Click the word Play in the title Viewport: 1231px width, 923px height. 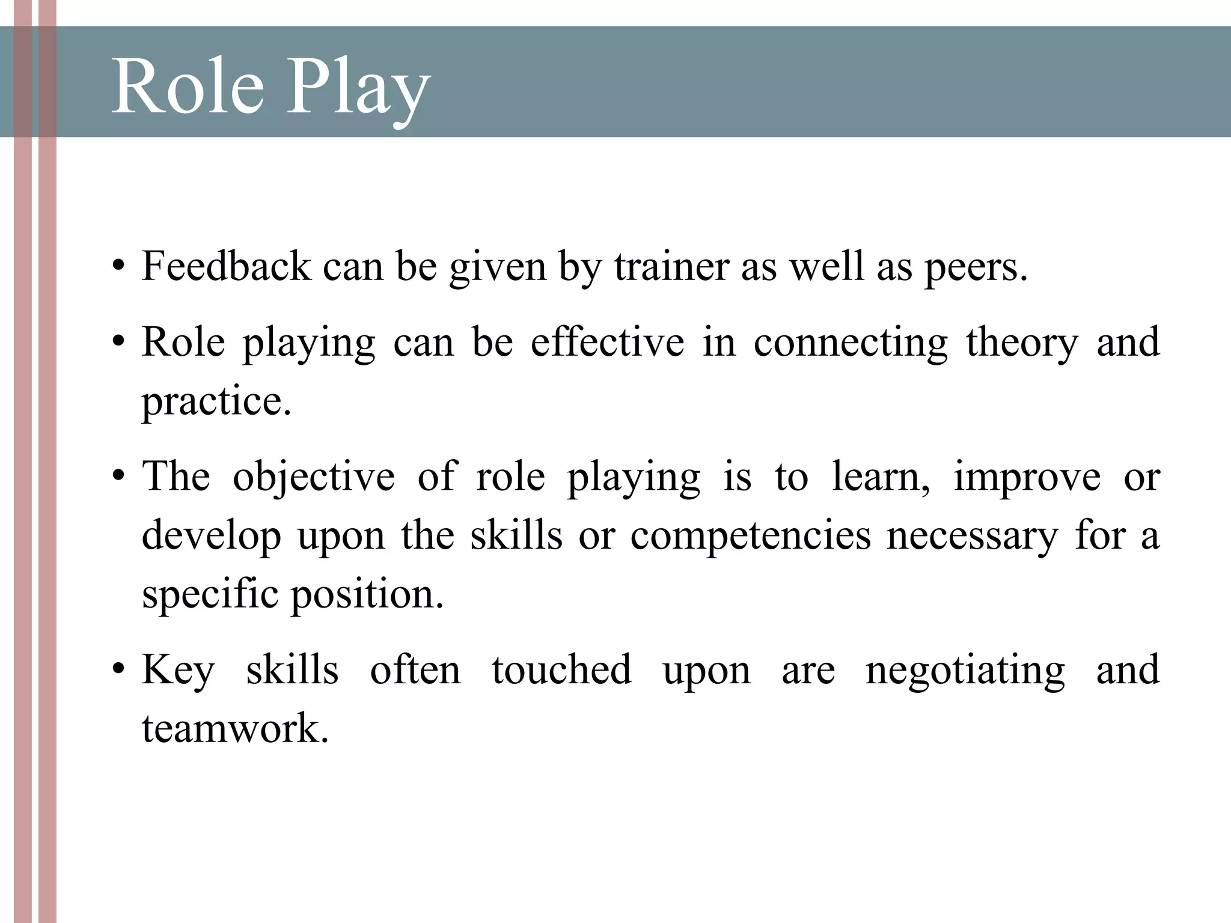point(357,89)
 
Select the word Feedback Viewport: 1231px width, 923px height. point(226,266)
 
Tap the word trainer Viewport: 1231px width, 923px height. point(671,266)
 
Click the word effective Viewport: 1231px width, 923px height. point(607,342)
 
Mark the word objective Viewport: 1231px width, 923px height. point(313,478)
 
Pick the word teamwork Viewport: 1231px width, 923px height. point(235,728)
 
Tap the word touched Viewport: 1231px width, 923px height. point(561,669)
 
